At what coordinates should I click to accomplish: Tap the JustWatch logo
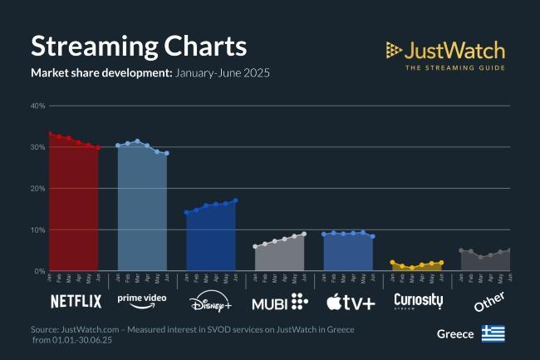446,55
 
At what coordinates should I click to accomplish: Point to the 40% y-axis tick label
37,106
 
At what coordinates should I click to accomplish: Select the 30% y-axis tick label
37,147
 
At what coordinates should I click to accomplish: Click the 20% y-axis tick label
37,189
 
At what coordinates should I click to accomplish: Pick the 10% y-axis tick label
37,230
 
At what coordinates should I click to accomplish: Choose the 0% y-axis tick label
39,271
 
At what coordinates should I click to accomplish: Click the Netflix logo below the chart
76,301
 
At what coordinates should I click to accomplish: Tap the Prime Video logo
142,299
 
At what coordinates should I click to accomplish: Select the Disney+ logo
211,301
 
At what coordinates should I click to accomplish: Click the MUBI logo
280,301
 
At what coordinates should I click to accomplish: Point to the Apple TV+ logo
350,301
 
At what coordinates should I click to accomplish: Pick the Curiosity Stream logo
418,301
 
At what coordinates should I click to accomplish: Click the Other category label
489,302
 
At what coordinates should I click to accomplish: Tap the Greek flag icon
493,333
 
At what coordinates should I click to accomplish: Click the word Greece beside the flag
455,334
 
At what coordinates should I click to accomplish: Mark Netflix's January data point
50,133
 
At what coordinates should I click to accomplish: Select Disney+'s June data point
236,200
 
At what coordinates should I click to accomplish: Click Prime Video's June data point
167,153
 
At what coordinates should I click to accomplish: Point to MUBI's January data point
255,247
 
